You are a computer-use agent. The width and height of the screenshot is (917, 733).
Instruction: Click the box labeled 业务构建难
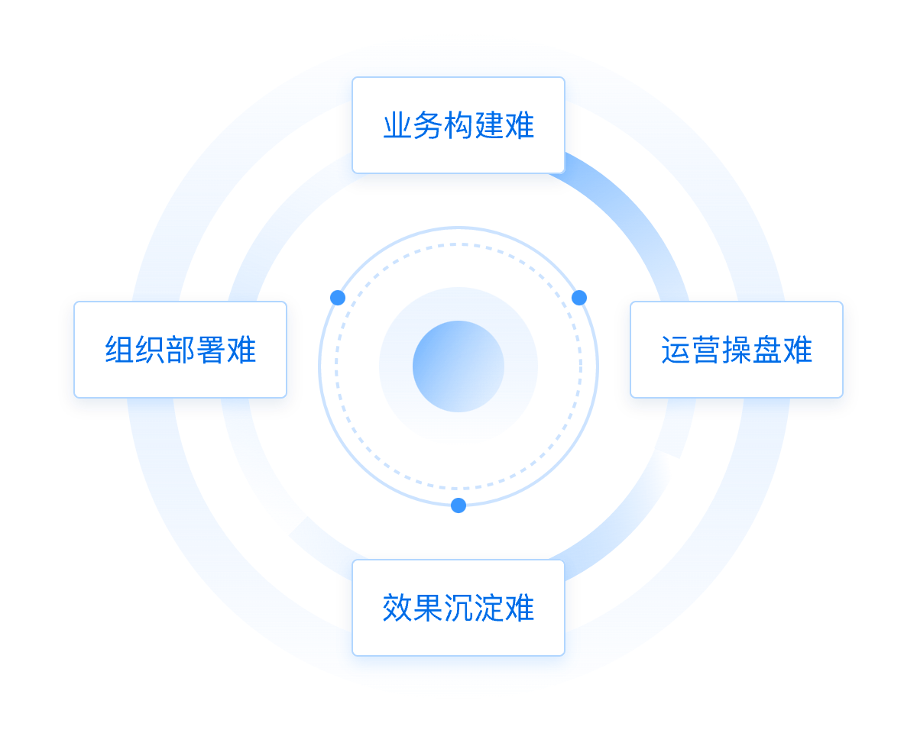coord(458,125)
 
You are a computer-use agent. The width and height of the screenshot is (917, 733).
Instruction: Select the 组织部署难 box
coord(180,350)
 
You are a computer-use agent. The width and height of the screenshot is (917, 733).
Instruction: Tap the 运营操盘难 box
coord(736,350)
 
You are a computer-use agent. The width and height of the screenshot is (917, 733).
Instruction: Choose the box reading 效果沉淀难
coord(458,608)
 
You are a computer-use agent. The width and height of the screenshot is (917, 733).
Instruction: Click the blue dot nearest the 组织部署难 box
coord(338,298)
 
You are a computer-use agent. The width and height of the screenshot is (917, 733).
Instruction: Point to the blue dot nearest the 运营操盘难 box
coord(579,298)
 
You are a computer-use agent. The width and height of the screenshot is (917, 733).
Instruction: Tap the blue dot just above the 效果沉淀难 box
coord(458,505)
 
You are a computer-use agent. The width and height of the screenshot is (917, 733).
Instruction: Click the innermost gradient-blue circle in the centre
coord(458,366)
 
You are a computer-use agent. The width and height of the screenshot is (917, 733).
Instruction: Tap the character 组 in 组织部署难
coord(119,350)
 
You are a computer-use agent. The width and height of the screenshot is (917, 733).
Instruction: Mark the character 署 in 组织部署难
coord(211,350)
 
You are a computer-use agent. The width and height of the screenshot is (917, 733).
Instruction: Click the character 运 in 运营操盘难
coord(676,350)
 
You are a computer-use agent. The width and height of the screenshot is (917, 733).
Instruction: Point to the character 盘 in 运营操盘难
coord(767,350)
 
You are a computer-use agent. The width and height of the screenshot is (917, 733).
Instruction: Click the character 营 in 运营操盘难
coord(706,350)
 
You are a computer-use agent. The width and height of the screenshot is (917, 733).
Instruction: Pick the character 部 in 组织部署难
coord(180,350)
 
